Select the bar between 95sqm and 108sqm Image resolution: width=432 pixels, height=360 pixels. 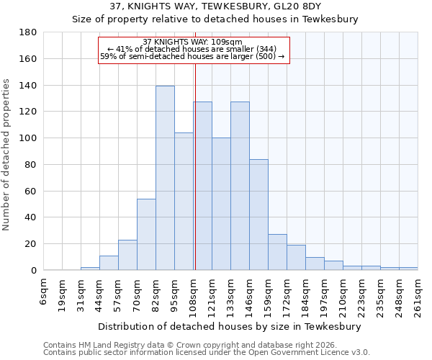[x=184, y=202]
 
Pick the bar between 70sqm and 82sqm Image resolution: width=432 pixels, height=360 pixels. [x=146, y=234]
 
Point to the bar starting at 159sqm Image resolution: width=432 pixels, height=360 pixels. [x=277, y=252]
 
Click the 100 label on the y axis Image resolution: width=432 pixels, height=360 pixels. [x=29, y=138]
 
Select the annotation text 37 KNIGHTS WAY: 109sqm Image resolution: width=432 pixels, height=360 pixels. [x=192, y=42]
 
